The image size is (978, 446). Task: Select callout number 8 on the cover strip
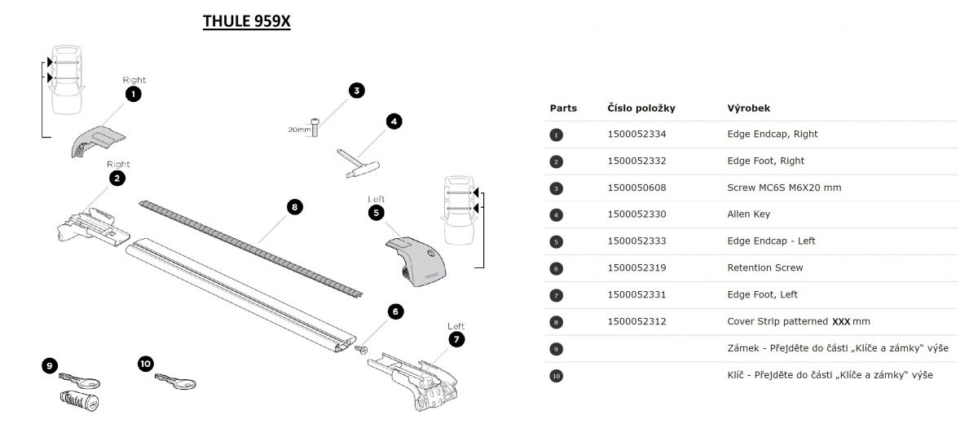click(x=295, y=207)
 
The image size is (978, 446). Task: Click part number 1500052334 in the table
click(x=637, y=135)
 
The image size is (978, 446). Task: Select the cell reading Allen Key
click(x=748, y=214)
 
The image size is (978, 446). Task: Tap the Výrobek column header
click(x=748, y=108)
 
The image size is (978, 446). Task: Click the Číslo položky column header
click(x=641, y=108)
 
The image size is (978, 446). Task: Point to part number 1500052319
click(x=637, y=267)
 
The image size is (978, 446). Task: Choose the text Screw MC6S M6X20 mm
click(x=784, y=188)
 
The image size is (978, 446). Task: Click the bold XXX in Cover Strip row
click(x=841, y=322)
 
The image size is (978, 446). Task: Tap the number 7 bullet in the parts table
click(x=557, y=295)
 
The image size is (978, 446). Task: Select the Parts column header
click(x=563, y=108)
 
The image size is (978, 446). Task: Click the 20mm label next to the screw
click(x=298, y=129)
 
